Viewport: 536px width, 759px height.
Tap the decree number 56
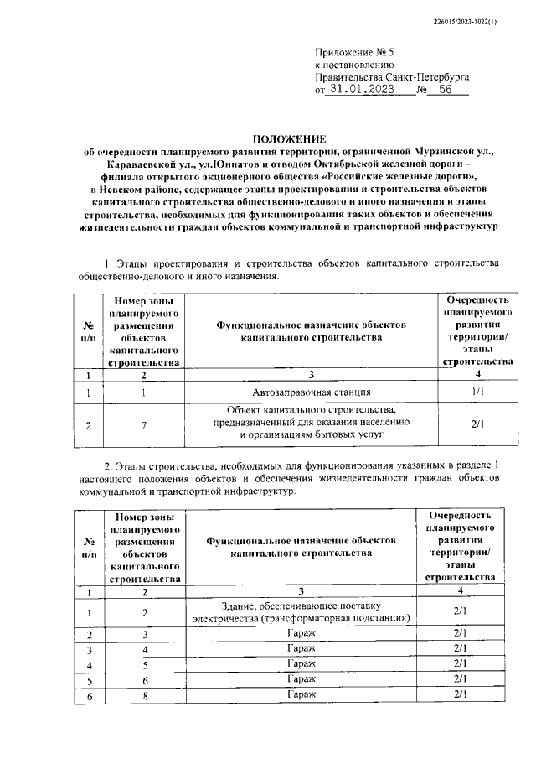point(443,91)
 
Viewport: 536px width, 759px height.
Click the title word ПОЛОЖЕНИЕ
point(290,138)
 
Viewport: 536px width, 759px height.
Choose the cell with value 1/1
point(477,392)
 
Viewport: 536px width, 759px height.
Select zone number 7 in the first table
point(144,425)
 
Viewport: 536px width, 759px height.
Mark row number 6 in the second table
point(89,695)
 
